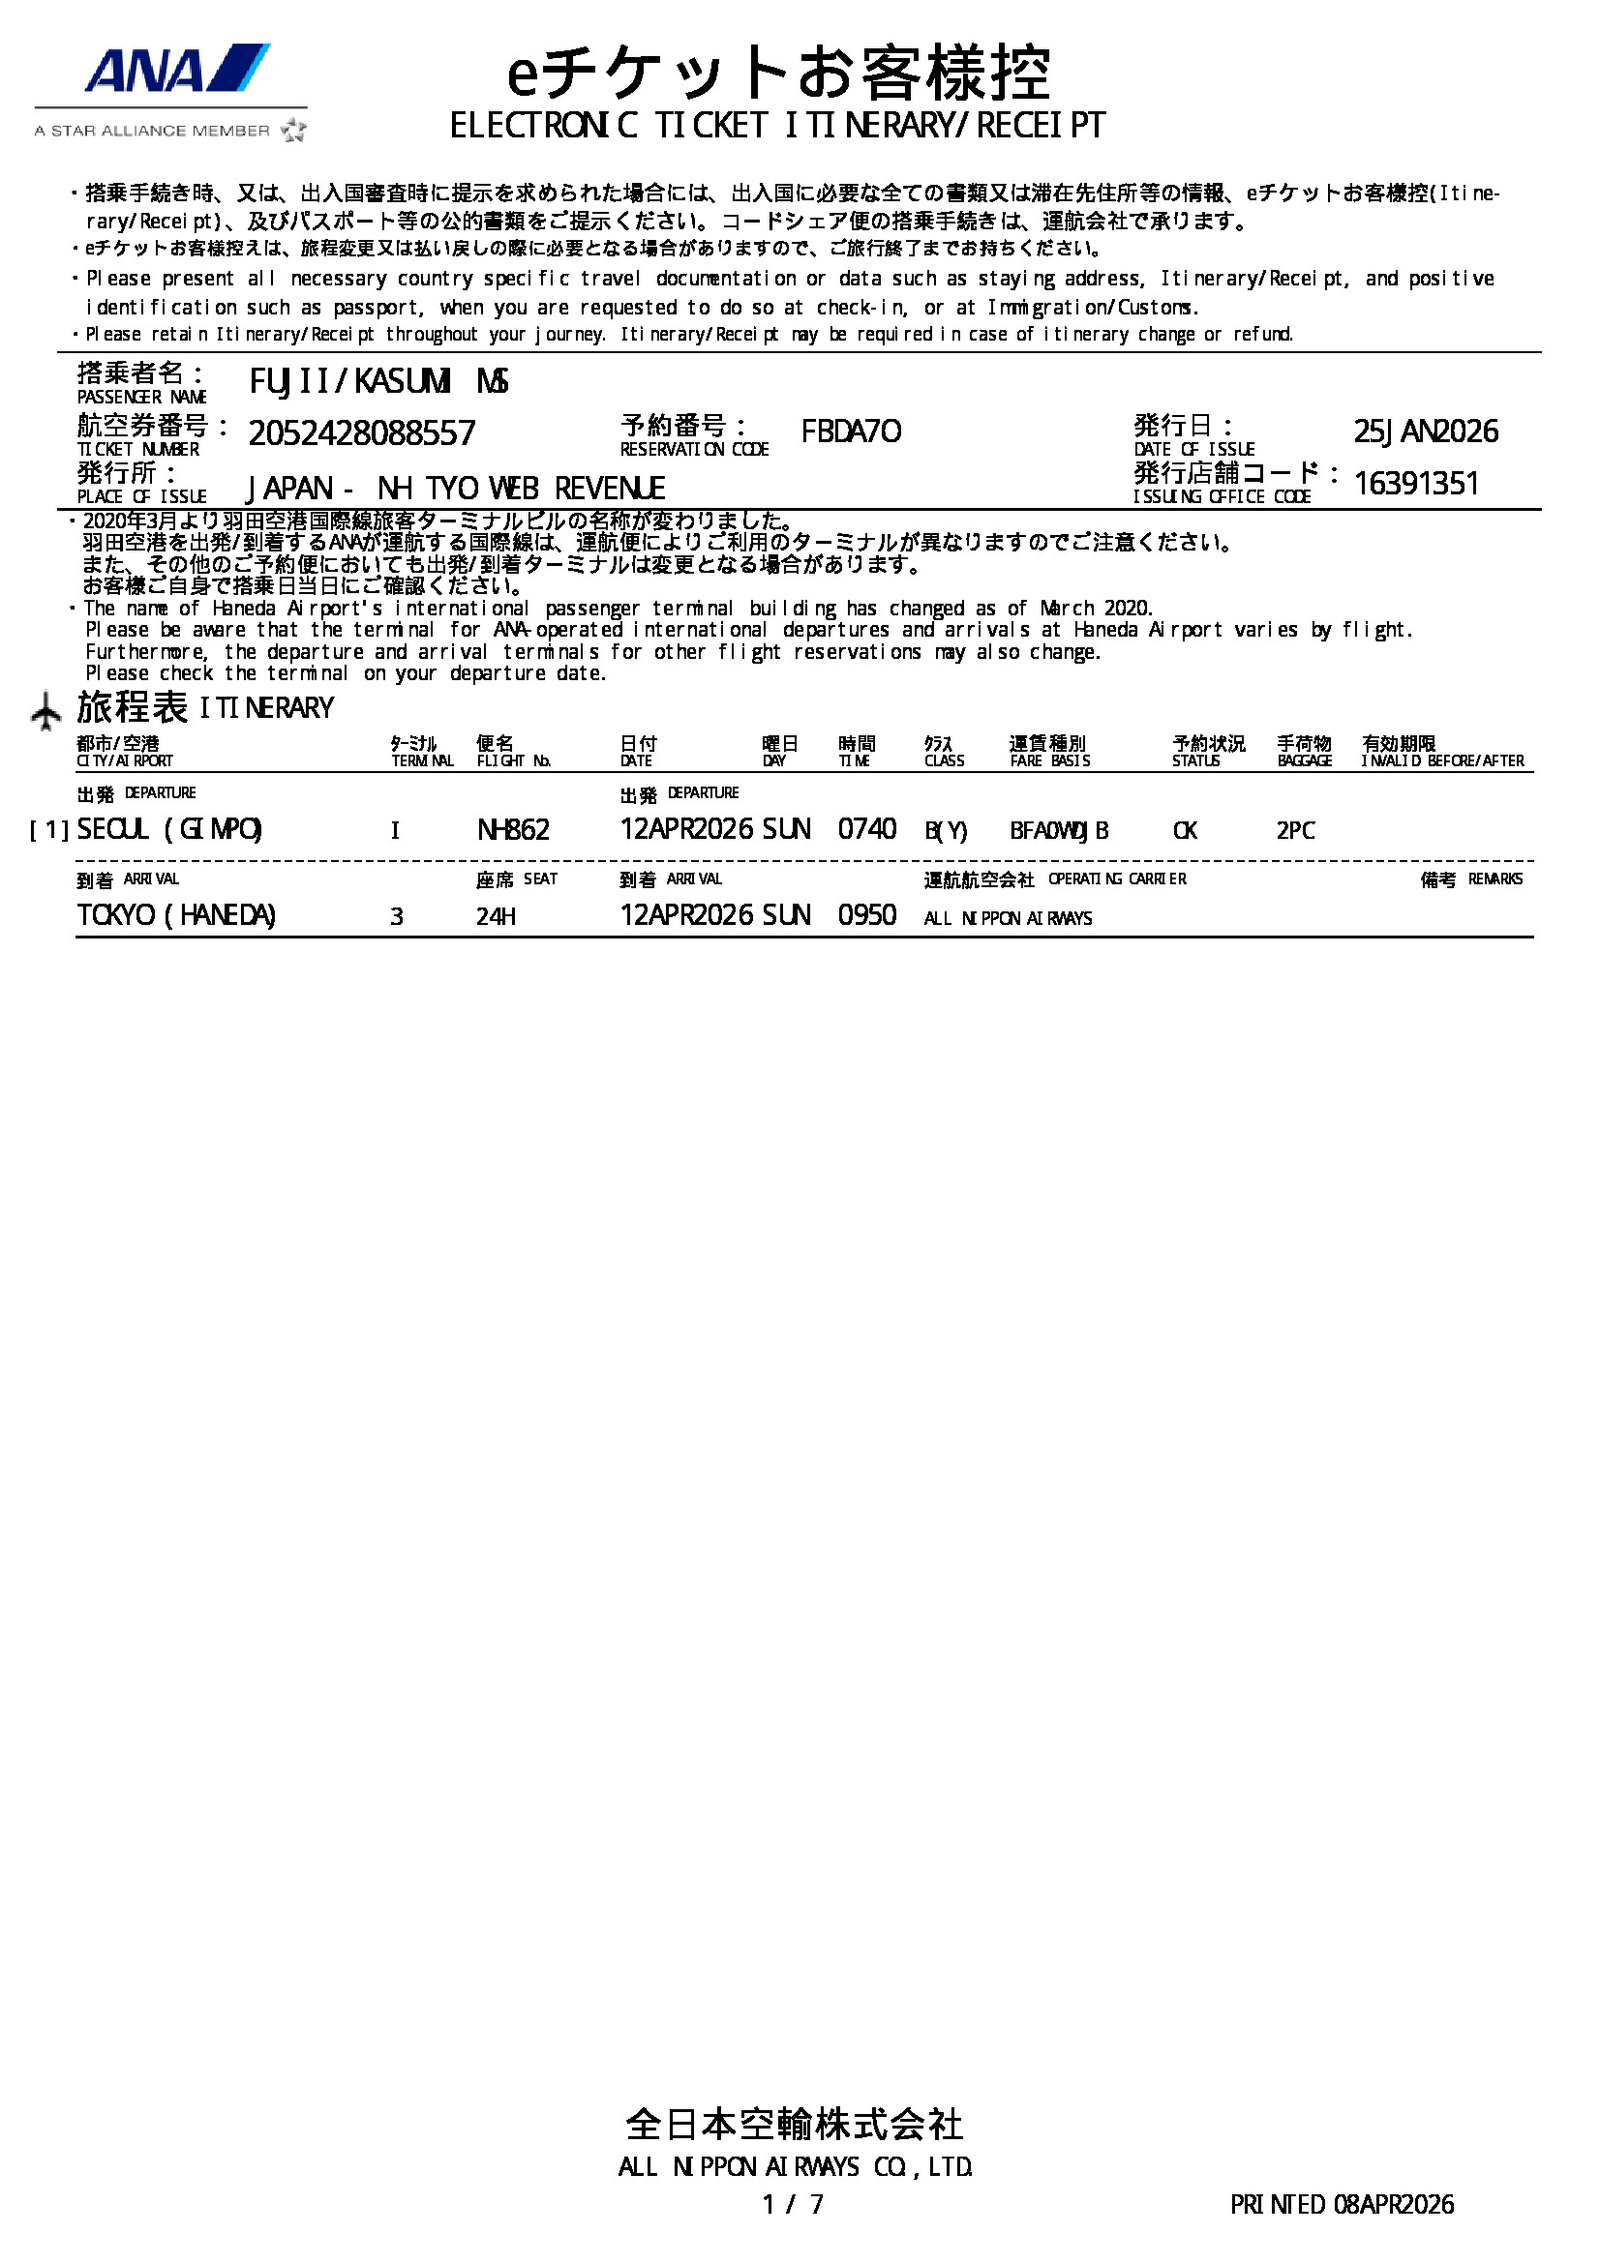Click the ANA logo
coord(176,68)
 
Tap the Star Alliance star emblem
coord(292,130)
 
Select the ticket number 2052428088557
coord(361,432)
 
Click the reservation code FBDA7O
coord(850,432)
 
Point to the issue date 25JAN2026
coord(1425,431)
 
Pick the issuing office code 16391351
coord(1416,484)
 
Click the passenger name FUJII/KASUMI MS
coord(378,381)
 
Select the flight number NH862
coord(513,830)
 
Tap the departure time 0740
coord(866,829)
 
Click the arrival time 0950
coord(866,915)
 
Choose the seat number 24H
coord(496,916)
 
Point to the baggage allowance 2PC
coord(1294,831)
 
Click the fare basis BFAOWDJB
coord(1059,831)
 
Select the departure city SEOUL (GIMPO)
coord(169,830)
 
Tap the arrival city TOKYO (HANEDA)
coord(176,915)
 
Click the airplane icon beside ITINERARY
coord(45,711)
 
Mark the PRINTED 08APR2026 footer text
coord(1341,2204)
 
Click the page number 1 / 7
coord(793,2204)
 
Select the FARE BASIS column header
coord(1049,760)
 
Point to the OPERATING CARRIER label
coord(1116,879)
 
